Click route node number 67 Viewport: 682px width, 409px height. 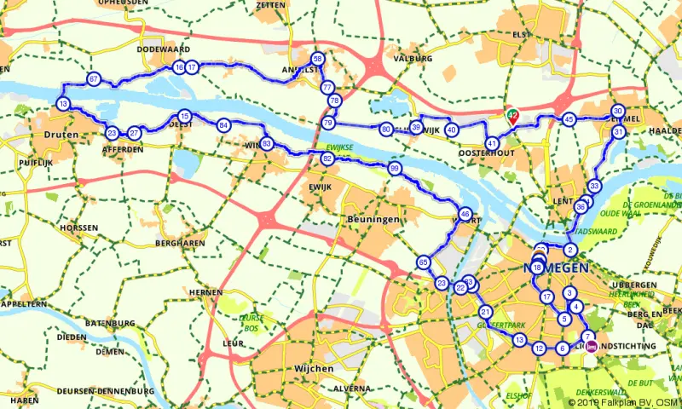pyautogui.click(x=94, y=80)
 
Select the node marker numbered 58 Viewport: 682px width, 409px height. pyautogui.click(x=318, y=59)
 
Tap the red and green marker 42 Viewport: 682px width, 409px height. pyautogui.click(x=512, y=114)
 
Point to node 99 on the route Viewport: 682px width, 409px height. pyautogui.click(x=394, y=170)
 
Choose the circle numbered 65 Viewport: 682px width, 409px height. pyautogui.click(x=424, y=262)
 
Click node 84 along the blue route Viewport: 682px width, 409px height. pyautogui.click(x=223, y=125)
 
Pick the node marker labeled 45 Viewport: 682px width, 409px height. pyautogui.click(x=569, y=120)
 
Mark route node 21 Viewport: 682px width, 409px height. pyautogui.click(x=485, y=311)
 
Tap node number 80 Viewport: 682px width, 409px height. pyautogui.click(x=386, y=130)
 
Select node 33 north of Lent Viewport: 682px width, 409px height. pyautogui.click(x=595, y=187)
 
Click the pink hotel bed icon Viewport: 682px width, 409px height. pyautogui.click(x=592, y=348)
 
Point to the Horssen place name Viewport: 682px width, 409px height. pyautogui.click(x=78, y=228)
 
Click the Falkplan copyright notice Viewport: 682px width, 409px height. pyautogui.click(x=624, y=401)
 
